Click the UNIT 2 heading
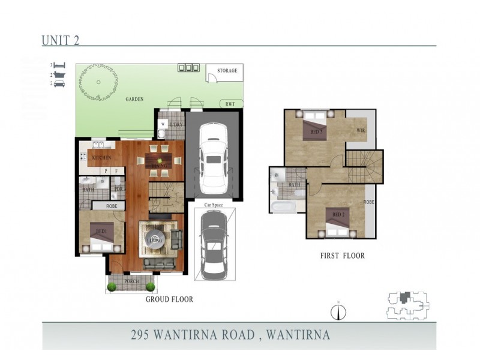click(x=61, y=40)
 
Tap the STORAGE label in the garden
click(x=227, y=71)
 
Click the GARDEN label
click(x=134, y=99)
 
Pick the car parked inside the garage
click(x=212, y=154)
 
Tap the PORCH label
click(x=132, y=280)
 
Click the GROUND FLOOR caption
click(x=169, y=299)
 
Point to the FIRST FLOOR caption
click(x=342, y=256)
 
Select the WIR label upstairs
click(x=361, y=130)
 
